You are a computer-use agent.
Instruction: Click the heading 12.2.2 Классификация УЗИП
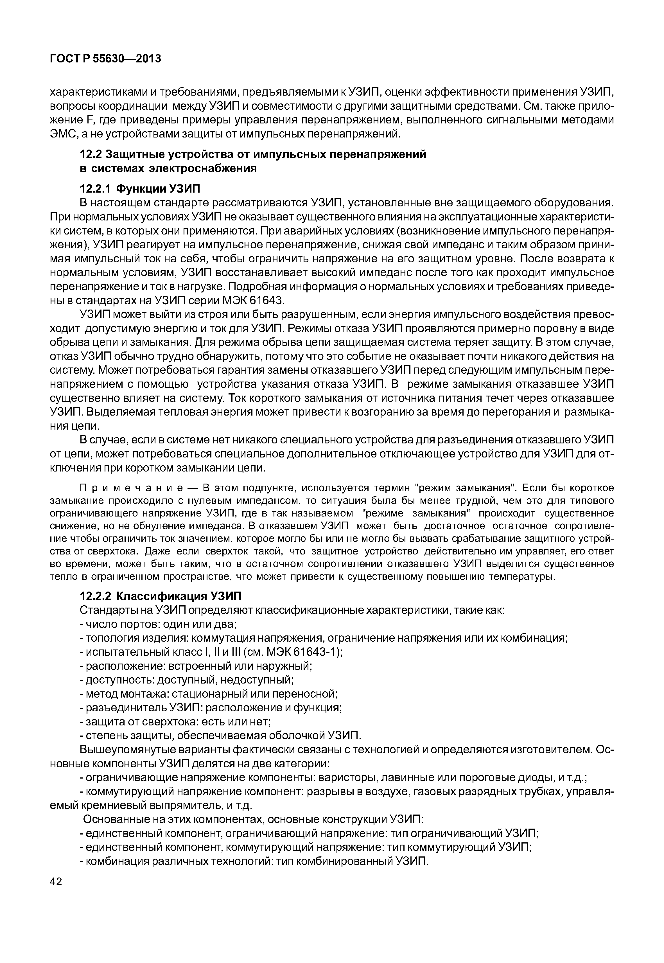click(160, 596)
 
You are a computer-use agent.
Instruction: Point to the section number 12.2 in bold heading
click(91, 154)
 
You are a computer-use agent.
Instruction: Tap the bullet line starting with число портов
click(158, 624)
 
